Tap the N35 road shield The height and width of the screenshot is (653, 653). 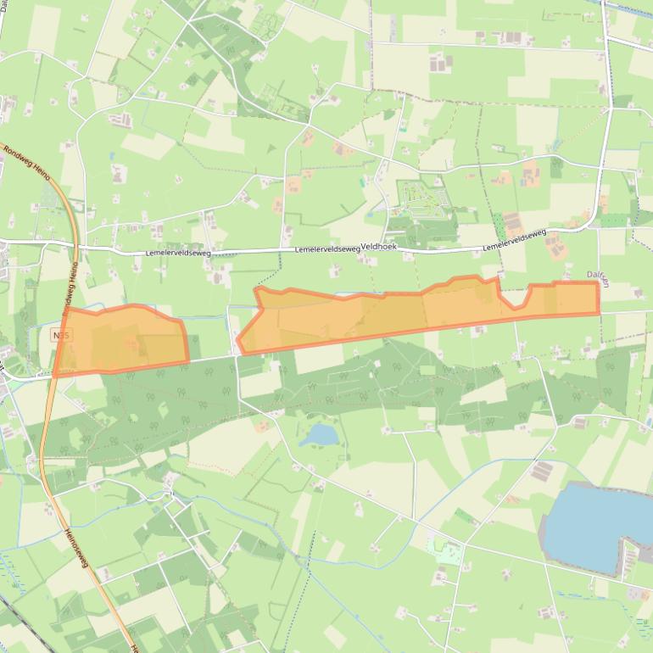coord(61,336)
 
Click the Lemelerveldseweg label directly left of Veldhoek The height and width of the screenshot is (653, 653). coord(327,249)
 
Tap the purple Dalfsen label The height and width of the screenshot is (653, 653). coord(599,275)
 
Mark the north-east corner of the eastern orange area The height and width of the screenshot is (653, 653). coord(598,283)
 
